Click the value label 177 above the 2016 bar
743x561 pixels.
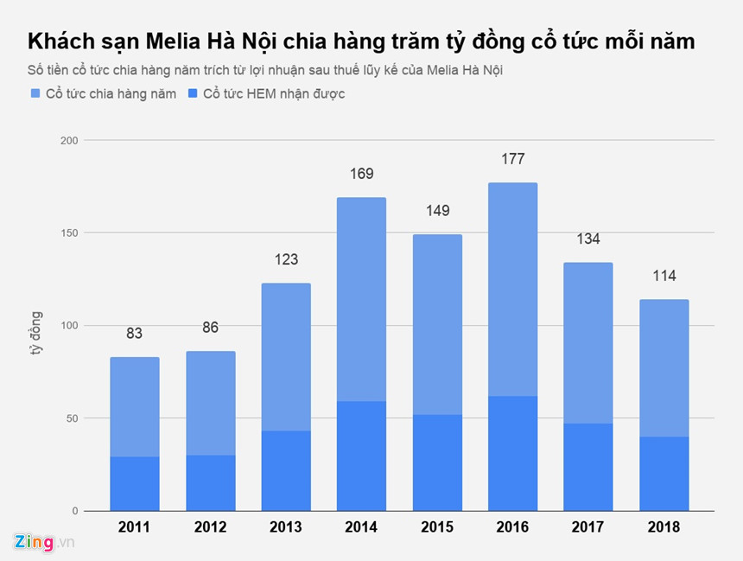(512, 159)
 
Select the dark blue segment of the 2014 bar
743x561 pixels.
(361, 456)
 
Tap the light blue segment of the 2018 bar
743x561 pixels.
(664, 367)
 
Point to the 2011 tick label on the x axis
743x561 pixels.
(135, 527)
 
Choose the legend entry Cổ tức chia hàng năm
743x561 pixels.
(103, 93)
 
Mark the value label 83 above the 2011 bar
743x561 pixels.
(135, 334)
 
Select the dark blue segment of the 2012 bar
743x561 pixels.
(210, 482)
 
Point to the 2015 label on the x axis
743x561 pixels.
(437, 527)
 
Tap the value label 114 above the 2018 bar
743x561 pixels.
(664, 277)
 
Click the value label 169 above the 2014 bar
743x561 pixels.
(361, 174)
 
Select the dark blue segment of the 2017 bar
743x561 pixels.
(588, 467)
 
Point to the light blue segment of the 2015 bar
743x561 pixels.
(437, 324)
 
